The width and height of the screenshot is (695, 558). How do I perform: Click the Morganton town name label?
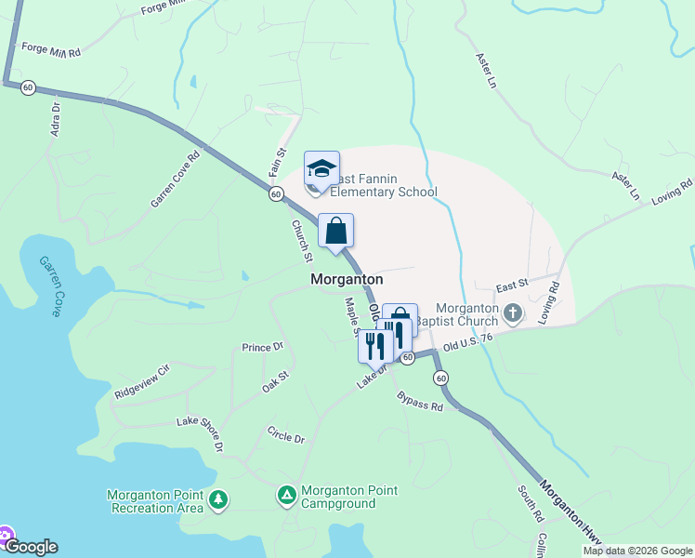pyautogui.click(x=347, y=279)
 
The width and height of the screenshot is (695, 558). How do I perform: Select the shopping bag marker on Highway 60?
pyautogui.click(x=335, y=232)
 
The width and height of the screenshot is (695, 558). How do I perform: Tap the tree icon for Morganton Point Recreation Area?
pyautogui.click(x=218, y=501)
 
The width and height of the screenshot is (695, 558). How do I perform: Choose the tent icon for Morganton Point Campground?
pyautogui.click(x=287, y=496)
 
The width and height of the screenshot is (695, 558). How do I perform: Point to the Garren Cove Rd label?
pyautogui.click(x=176, y=180)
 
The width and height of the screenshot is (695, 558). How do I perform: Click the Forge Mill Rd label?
pyautogui.click(x=51, y=49)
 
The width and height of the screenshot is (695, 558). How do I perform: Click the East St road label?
pyautogui.click(x=511, y=283)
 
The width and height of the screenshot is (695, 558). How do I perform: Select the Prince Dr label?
pyautogui.click(x=263, y=348)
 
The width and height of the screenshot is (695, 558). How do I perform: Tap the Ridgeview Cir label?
pyautogui.click(x=142, y=382)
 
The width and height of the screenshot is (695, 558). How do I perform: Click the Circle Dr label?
pyautogui.click(x=285, y=434)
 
